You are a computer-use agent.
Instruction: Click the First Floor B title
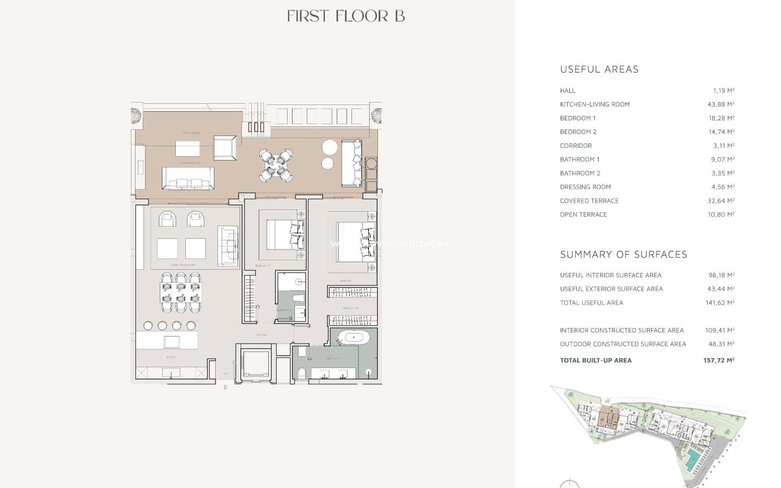(x=346, y=16)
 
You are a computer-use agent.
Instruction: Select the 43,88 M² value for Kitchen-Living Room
(x=721, y=105)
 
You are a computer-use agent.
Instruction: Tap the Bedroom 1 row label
(x=578, y=118)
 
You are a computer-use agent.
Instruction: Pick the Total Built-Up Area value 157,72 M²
(x=718, y=360)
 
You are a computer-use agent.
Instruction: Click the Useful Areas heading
(x=599, y=70)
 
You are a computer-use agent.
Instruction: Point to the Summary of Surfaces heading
(x=624, y=255)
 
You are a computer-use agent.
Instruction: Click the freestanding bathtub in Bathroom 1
(x=354, y=337)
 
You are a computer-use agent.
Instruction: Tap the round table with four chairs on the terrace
(x=276, y=165)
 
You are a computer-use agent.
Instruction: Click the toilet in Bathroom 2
(x=299, y=298)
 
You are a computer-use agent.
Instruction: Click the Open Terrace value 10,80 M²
(x=721, y=215)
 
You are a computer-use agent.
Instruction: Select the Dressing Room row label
(x=585, y=187)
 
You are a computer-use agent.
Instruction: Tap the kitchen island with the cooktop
(x=167, y=340)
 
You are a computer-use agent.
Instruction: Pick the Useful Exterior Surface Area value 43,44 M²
(x=721, y=289)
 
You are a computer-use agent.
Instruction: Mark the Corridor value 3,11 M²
(x=722, y=146)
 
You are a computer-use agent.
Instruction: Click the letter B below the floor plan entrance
(x=225, y=388)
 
